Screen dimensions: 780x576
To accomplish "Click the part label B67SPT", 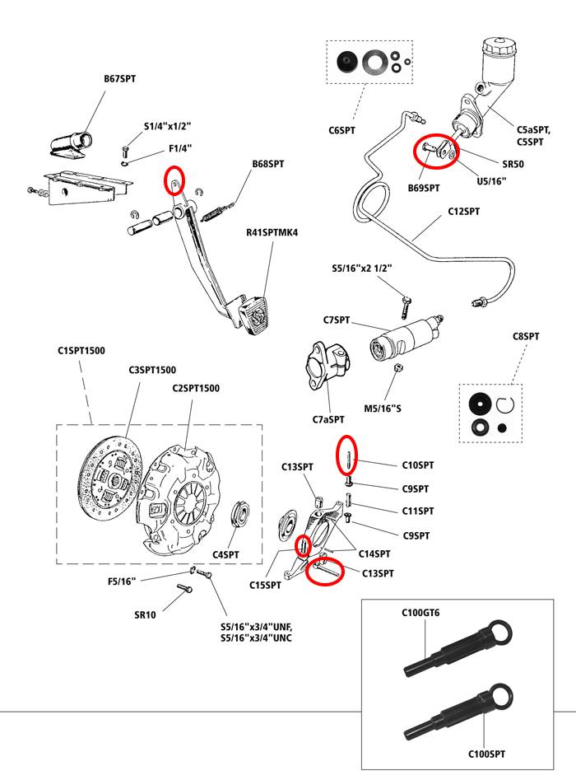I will (x=119, y=79).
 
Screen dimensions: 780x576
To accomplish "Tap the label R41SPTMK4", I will (x=272, y=232).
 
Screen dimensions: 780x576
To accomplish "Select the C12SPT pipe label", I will (x=464, y=212).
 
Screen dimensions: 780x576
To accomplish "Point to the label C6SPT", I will (x=341, y=130).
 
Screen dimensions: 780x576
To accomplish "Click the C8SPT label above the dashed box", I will (x=525, y=337).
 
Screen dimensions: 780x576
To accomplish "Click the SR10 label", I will (x=145, y=615).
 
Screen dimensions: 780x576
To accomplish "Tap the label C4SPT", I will (x=225, y=555).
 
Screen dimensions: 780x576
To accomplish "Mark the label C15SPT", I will (x=266, y=586).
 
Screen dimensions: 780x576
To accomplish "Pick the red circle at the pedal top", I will (x=174, y=179).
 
